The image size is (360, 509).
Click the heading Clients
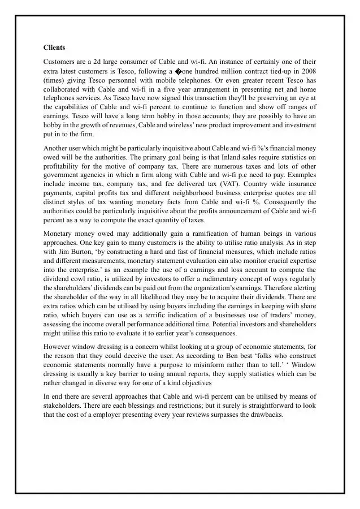pos(54,48)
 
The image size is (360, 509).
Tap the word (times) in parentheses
pos(54,80)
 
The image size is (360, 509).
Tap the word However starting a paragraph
pos(58,346)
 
